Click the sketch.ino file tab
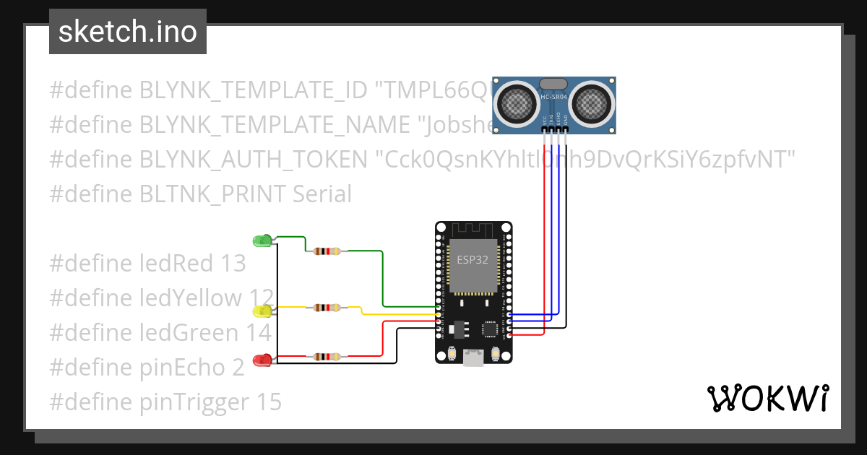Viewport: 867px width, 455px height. [127, 32]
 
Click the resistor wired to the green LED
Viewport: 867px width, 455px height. [327, 251]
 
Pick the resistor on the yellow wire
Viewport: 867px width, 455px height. [327, 308]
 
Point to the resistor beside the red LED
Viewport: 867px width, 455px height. [327, 356]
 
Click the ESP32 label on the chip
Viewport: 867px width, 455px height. [472, 260]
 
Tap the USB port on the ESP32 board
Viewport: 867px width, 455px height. [473, 356]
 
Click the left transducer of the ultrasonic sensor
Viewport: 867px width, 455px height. [517, 102]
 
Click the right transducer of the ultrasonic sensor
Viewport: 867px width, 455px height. [591, 102]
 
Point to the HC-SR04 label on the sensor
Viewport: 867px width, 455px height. [554, 96]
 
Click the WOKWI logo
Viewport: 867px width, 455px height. [767, 398]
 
